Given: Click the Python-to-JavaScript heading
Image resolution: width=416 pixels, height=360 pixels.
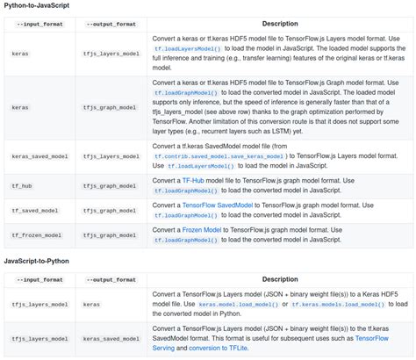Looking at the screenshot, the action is point(37,5).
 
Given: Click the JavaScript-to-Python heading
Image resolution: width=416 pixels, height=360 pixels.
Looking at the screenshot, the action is point(37,261).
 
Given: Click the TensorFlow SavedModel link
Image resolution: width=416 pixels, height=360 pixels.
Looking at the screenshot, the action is point(217,205).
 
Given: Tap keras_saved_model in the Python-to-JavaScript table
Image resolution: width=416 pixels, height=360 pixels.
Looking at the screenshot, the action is point(39,156).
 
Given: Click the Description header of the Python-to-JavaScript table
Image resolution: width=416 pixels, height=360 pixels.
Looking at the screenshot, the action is point(280,24).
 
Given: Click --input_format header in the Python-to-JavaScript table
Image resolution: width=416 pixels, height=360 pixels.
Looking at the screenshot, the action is point(39,24).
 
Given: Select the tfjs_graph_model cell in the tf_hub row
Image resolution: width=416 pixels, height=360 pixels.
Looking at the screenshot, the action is point(110,186).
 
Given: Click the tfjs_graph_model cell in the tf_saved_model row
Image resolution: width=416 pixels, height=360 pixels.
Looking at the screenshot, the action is point(110,211).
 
